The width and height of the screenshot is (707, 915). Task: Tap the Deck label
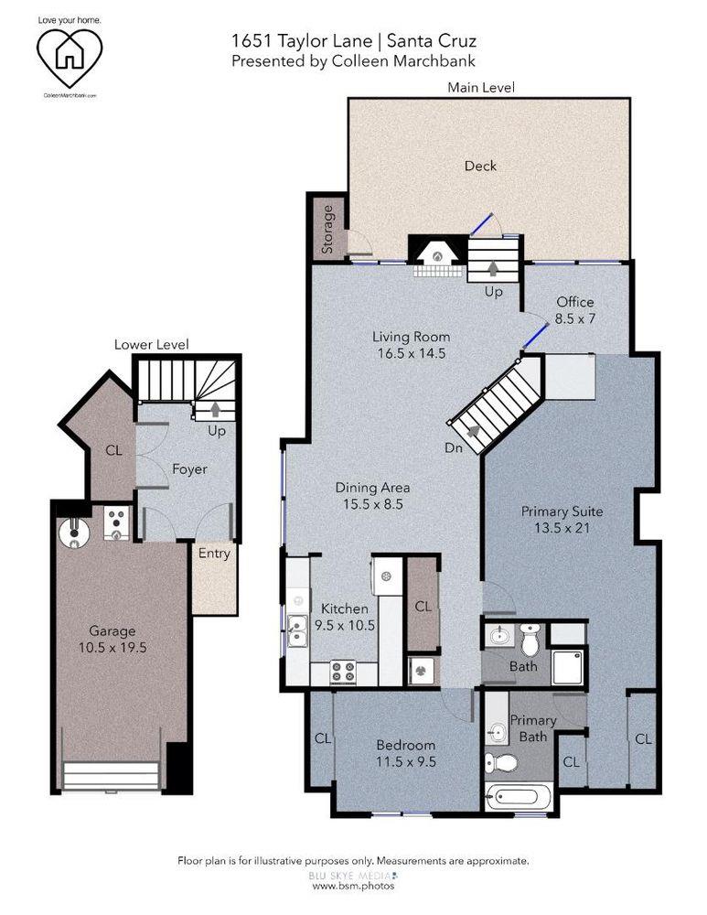click(480, 166)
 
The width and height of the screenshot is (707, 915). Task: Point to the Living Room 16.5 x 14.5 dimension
click(411, 353)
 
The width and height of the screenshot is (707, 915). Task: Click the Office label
click(574, 302)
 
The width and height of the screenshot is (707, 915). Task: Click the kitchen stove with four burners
click(343, 668)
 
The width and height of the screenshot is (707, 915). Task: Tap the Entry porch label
click(214, 553)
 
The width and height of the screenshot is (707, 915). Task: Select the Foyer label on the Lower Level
click(189, 469)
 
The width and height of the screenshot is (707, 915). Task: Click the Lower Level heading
click(151, 344)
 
